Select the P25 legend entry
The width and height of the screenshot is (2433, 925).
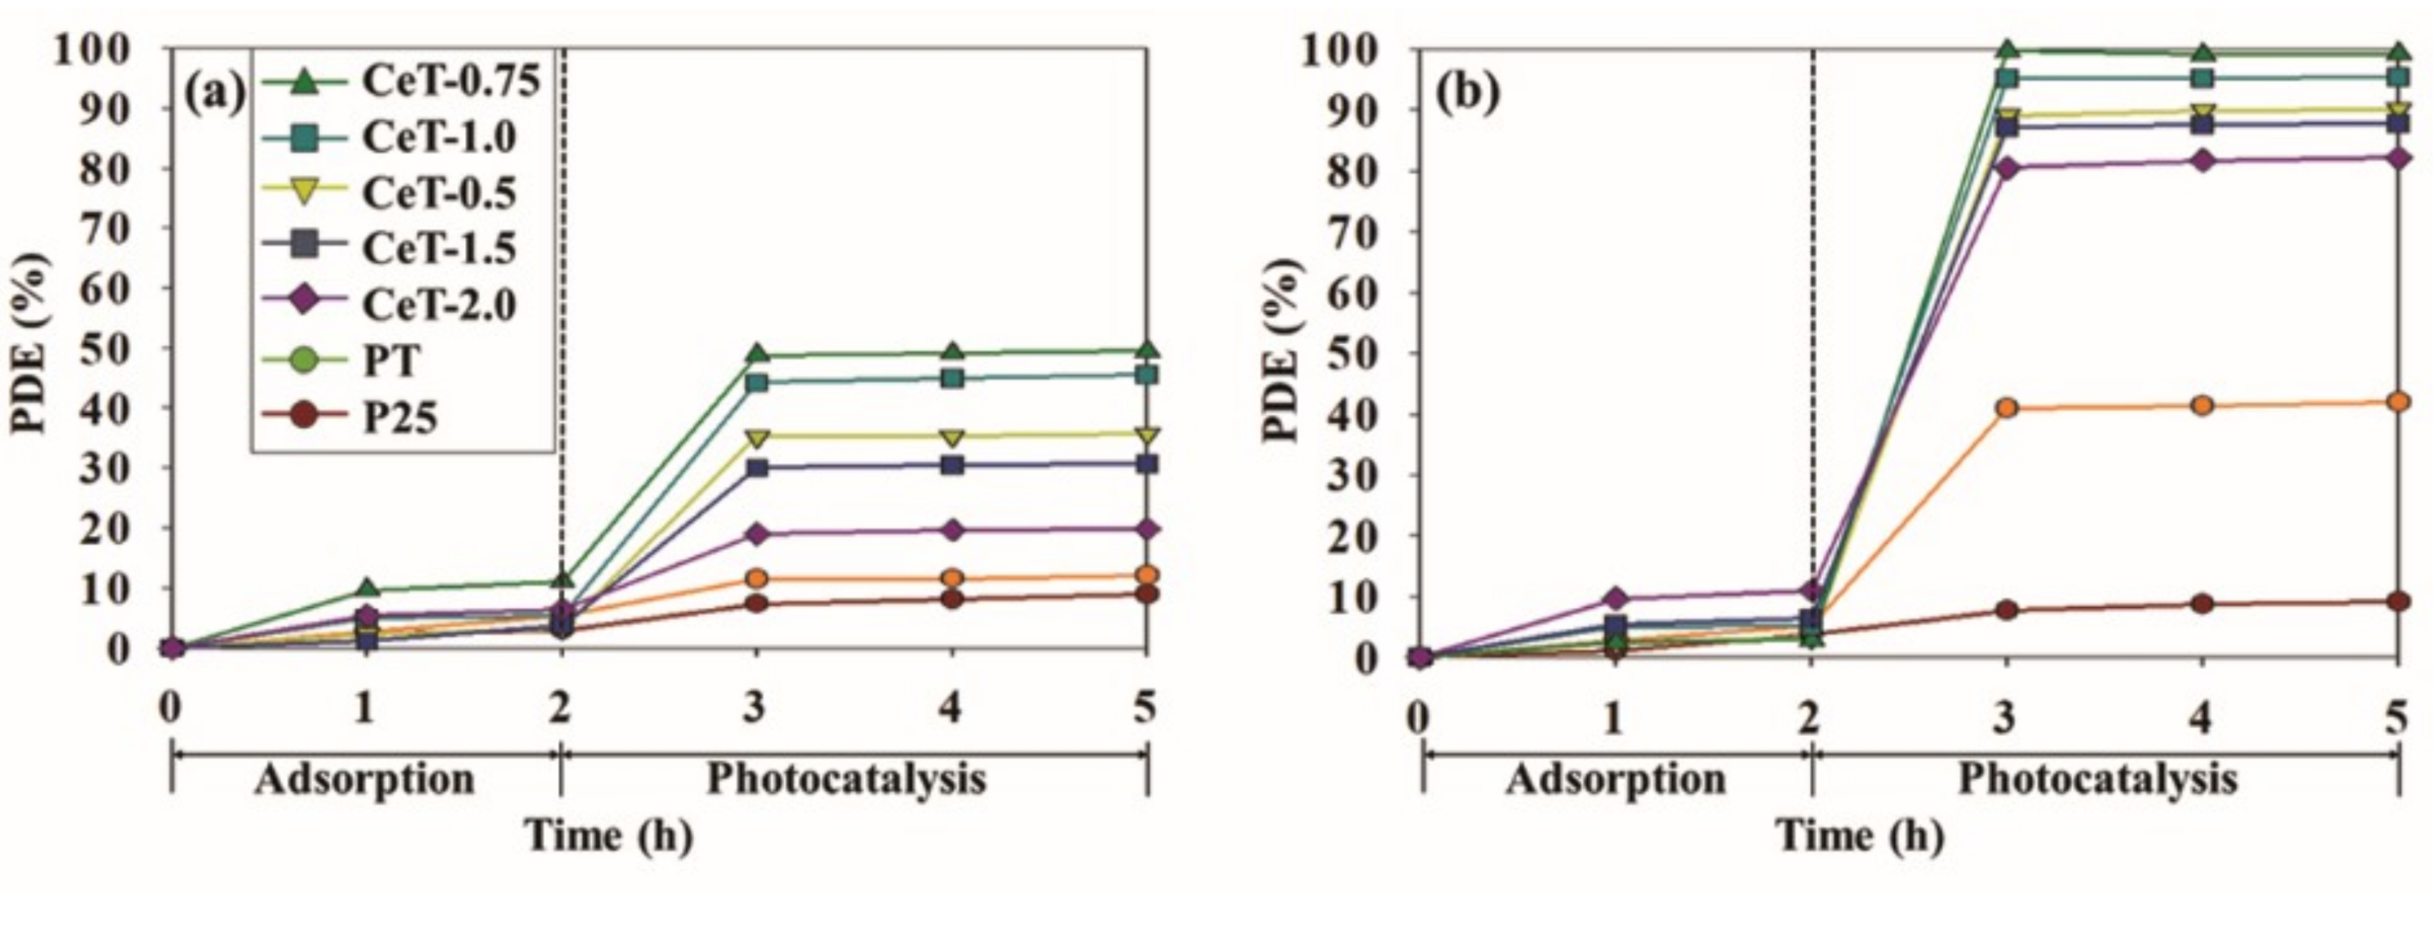pos(401,417)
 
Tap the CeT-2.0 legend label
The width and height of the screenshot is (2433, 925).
pos(439,305)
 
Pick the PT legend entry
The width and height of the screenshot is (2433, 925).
pos(390,361)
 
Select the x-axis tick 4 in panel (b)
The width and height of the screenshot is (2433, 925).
pos(2200,717)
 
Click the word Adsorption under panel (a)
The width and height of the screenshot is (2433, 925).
pos(364,780)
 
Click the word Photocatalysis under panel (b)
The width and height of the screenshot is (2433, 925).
pos(2097,780)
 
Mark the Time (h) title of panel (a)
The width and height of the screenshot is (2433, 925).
pos(609,836)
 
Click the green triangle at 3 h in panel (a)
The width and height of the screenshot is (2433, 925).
pos(756,354)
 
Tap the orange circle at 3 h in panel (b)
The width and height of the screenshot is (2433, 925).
pos(2007,408)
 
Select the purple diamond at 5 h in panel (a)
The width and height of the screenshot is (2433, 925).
pos(1146,530)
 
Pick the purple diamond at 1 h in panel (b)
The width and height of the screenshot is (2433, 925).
pos(1614,598)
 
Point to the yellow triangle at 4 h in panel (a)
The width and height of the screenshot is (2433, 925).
pos(952,437)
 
